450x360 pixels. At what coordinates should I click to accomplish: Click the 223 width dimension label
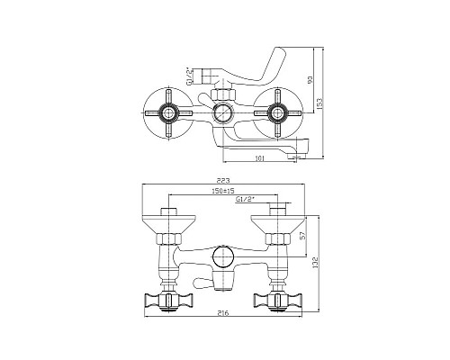coord(226,181)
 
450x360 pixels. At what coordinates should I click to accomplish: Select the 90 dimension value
coord(309,81)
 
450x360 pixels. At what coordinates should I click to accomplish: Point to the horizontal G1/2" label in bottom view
coord(244,200)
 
